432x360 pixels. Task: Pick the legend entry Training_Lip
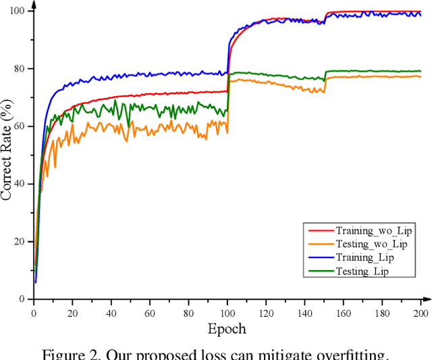(364, 257)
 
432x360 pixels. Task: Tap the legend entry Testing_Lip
(363, 271)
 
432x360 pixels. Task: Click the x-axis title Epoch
(227, 329)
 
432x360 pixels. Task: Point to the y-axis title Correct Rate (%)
(7, 154)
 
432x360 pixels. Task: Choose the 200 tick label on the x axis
(421, 313)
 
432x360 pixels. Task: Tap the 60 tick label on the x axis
(150, 313)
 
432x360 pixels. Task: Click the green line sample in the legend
(317, 271)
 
